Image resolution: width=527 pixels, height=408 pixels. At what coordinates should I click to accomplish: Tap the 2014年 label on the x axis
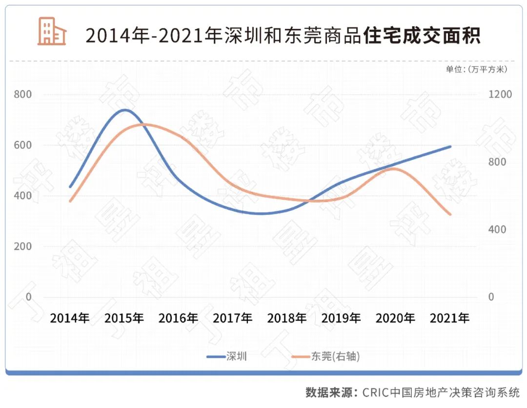pos(70,318)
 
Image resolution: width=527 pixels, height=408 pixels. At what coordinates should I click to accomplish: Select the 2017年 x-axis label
pos(233,318)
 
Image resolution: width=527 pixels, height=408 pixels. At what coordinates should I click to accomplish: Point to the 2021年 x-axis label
pos(449,318)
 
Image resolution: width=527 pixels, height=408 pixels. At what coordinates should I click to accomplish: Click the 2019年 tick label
pos(341,318)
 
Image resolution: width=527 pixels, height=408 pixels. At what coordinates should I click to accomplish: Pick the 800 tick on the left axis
pos(22,94)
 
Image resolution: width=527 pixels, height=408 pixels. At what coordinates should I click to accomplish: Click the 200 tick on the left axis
pos(22,246)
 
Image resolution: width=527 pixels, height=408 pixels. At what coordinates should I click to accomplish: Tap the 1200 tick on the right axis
pos(501,94)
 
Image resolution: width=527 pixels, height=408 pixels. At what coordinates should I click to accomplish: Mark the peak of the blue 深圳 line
pos(125,110)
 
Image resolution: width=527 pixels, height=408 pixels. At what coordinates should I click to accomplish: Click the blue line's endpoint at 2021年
pos(450,146)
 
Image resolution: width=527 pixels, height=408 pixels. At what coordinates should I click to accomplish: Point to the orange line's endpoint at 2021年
pos(450,214)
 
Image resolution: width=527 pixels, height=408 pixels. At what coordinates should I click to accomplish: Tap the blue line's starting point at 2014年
pos(70,186)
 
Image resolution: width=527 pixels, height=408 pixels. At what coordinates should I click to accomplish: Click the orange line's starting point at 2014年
pos(70,201)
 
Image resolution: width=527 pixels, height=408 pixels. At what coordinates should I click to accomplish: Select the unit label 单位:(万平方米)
pos(476,69)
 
